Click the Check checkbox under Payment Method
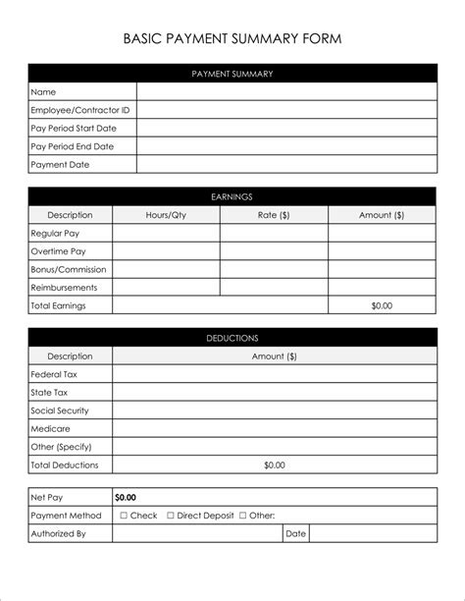click(124, 516)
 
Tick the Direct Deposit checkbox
click(171, 516)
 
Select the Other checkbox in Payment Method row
click(241, 516)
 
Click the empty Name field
click(286, 92)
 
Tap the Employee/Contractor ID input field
click(286, 110)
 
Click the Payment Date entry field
click(286, 165)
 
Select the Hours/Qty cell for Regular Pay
click(166, 233)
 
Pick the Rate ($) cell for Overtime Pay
click(274, 251)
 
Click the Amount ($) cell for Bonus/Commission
click(382, 269)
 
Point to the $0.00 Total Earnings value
click(382, 305)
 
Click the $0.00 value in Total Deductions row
click(275, 464)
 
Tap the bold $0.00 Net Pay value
click(126, 498)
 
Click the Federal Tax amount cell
click(275, 374)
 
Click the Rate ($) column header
click(274, 215)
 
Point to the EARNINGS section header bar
click(232, 196)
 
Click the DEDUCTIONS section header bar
click(232, 338)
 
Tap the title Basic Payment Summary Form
click(232, 39)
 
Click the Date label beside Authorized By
click(295, 534)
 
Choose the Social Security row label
click(60, 410)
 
